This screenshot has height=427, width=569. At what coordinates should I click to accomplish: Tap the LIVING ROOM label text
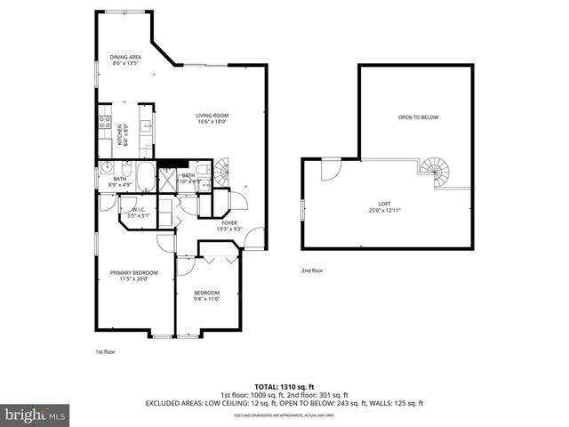click(x=213, y=116)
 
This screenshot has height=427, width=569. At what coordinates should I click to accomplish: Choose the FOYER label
click(x=229, y=222)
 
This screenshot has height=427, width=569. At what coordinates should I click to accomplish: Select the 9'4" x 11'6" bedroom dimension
click(x=207, y=298)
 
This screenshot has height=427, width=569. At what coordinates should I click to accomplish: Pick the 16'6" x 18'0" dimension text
click(x=213, y=122)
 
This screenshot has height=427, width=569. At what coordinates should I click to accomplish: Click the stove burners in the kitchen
click(x=104, y=125)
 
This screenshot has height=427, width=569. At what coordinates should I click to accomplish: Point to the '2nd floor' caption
click(x=312, y=270)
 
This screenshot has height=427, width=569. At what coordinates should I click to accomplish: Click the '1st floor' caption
click(x=105, y=351)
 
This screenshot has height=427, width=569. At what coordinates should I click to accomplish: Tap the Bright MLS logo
click(x=36, y=415)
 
